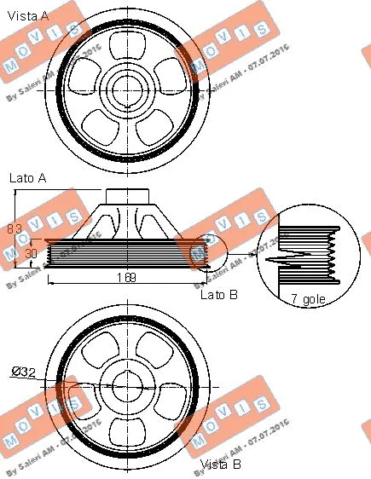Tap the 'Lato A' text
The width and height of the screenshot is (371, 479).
click(26, 178)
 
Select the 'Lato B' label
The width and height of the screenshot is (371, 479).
click(217, 294)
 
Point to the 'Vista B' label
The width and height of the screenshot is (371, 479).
click(220, 465)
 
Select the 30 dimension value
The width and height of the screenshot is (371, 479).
click(31, 253)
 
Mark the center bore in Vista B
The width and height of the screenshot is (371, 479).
click(128, 388)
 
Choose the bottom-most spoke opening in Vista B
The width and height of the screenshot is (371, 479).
click(128, 428)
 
